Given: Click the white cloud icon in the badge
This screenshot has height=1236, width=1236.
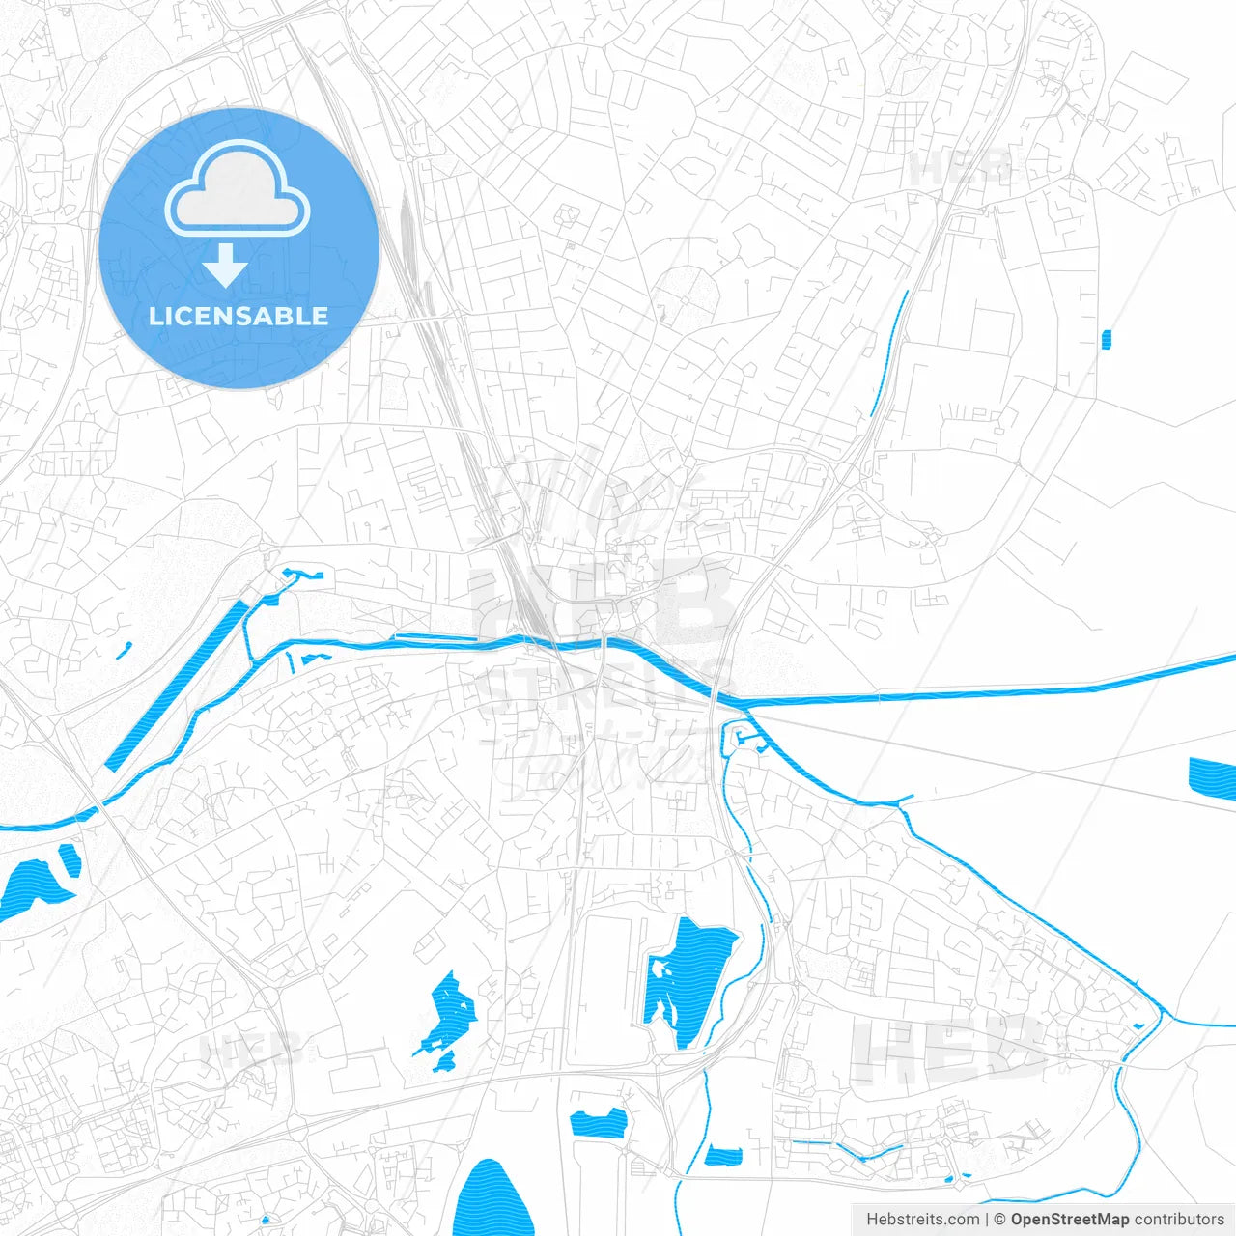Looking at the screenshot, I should pos(238,191).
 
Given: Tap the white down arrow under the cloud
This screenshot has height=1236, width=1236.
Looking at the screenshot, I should pos(225,266).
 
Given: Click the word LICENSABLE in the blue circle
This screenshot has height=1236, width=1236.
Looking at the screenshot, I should pos(239,316).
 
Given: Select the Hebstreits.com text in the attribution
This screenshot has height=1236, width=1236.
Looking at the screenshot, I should pos(922,1220).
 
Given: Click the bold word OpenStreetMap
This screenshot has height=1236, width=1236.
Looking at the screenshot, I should pos(1069,1220).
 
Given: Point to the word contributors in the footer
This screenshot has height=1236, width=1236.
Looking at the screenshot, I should pos(1179,1220).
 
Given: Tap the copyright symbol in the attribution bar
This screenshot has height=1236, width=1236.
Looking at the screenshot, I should pos(999,1220).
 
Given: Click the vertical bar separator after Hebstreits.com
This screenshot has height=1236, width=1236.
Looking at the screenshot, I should pos(987,1220).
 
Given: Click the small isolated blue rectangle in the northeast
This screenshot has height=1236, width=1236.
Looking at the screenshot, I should pos(1107,338).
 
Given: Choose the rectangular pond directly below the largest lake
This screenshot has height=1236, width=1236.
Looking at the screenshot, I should pos(599,1123).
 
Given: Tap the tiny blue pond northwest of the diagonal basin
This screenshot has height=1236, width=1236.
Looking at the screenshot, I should pos(124,651).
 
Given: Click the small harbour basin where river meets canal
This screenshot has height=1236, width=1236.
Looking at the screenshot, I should pos(745,739).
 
